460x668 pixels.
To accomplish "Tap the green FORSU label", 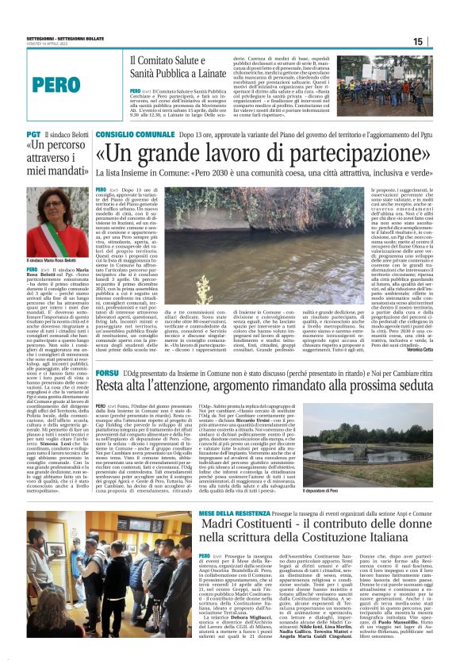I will (107, 350).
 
